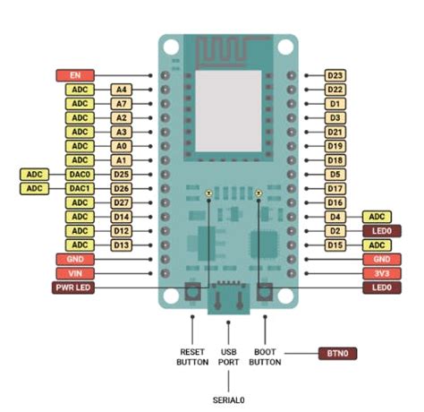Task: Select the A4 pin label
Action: (122, 90)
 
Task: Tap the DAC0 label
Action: (80, 174)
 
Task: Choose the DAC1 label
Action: (80, 188)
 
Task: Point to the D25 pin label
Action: (122, 174)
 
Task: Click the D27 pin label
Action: (122, 202)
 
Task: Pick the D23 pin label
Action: (335, 76)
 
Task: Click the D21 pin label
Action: (335, 132)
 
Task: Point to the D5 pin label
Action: (335, 174)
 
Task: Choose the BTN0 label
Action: (337, 355)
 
